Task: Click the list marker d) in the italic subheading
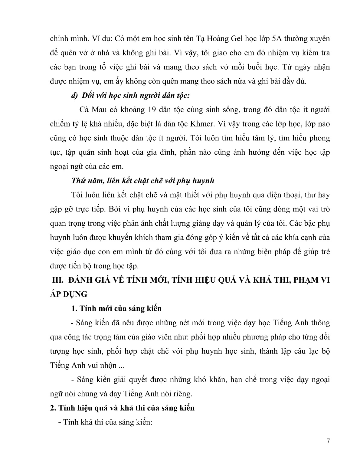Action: coord(74,96)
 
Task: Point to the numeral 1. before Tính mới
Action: coord(74,308)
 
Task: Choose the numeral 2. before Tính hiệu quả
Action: coord(53,408)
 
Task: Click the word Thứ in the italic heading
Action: coord(78,181)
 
